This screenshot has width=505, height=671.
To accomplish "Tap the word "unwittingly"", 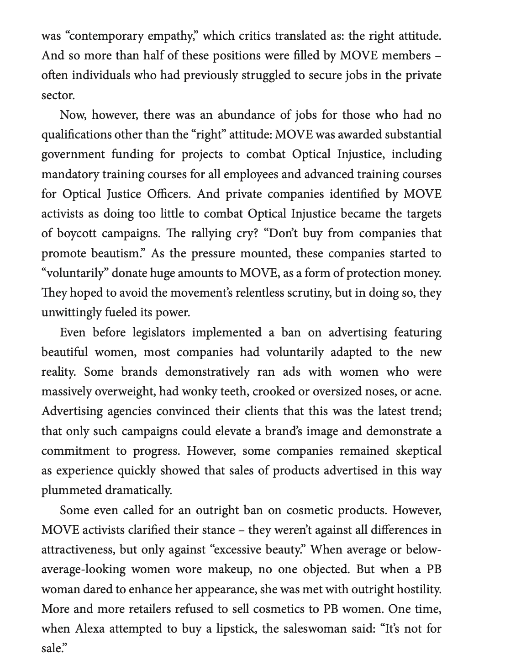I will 71,313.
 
